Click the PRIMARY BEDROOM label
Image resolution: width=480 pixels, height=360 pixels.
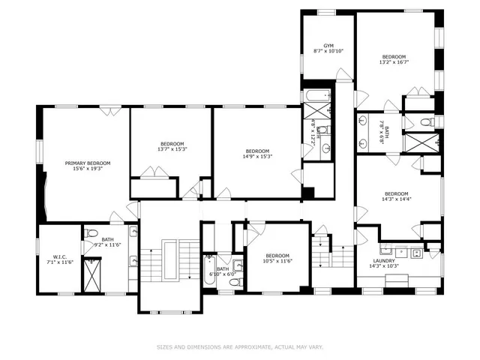point(88,163)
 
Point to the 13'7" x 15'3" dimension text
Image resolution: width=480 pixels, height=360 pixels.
point(171,149)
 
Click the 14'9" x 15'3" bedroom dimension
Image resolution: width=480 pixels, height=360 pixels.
point(256,156)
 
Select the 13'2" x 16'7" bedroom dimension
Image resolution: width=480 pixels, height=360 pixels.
point(394,62)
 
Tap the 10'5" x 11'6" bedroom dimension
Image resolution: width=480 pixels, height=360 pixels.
point(276,260)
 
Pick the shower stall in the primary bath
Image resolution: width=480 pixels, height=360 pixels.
point(93,275)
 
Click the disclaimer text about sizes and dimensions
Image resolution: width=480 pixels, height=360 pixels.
point(240,346)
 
